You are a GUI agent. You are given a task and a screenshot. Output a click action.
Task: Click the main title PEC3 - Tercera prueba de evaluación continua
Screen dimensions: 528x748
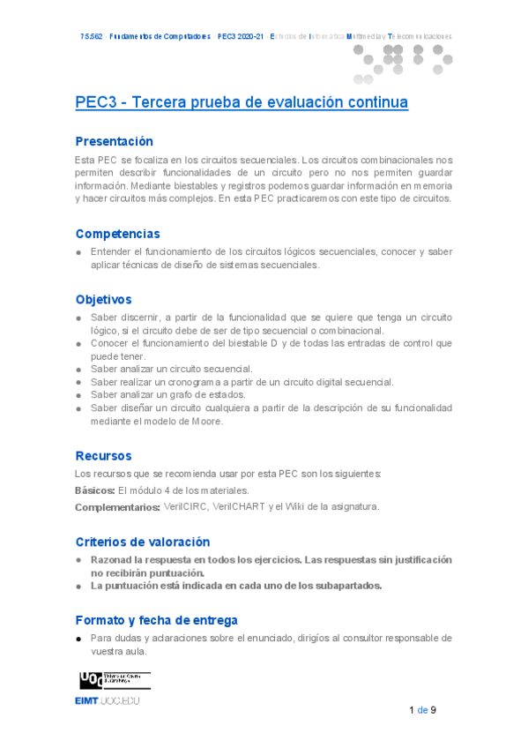click(242, 102)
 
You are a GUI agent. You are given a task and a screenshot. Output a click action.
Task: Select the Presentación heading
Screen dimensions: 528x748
click(115, 141)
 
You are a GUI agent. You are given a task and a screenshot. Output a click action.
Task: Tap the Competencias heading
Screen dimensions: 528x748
click(118, 234)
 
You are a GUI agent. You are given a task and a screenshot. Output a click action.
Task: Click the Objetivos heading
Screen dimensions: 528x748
click(103, 299)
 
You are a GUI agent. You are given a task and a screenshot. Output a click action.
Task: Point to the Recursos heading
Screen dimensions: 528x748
click(103, 455)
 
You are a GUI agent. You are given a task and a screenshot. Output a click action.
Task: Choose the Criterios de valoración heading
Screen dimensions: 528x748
click(143, 542)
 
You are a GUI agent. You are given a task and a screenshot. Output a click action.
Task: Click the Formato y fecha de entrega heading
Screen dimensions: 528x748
click(156, 620)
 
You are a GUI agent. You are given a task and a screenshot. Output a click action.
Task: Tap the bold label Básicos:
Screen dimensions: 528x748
click(94, 490)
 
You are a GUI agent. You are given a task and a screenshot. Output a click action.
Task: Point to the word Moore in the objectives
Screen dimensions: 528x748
click(208, 421)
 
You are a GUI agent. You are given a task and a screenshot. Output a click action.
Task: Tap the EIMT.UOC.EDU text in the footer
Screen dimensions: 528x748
click(108, 700)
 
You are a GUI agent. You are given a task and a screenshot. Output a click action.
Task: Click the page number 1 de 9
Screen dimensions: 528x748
click(422, 710)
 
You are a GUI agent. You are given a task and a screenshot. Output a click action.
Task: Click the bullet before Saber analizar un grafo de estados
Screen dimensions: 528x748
click(79, 395)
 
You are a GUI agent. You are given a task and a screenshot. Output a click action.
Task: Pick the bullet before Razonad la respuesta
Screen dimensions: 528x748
click(79, 560)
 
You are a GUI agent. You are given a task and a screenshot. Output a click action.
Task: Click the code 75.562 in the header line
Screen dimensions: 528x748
click(91, 37)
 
